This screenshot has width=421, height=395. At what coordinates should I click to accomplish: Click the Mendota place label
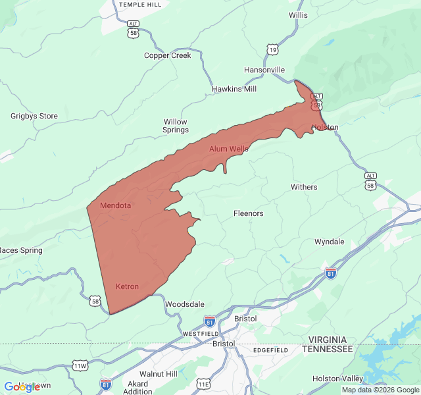tap(115, 205)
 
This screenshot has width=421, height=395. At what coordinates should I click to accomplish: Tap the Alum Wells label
tap(229, 149)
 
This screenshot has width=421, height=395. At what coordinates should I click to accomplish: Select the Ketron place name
tap(127, 286)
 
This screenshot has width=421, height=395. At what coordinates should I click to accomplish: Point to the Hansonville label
tap(264, 70)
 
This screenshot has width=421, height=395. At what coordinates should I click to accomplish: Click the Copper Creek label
tap(168, 55)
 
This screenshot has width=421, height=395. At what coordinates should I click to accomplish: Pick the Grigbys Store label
tap(34, 116)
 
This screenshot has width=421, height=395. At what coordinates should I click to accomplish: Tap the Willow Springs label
tap(176, 126)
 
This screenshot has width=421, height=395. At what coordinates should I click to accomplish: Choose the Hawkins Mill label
tap(234, 89)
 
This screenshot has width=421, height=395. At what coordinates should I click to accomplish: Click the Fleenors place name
tap(249, 213)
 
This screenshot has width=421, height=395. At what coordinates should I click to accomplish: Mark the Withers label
tap(304, 187)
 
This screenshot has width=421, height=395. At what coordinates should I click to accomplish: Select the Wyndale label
tap(329, 242)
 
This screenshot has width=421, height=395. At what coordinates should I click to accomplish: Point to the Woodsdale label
tap(184, 304)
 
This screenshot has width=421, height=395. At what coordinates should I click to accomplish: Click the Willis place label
tap(298, 14)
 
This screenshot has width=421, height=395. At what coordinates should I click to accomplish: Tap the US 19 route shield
tap(272, 49)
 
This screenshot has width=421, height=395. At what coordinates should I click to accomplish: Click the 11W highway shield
tap(80, 365)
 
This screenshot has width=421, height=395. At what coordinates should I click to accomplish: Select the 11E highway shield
tap(204, 384)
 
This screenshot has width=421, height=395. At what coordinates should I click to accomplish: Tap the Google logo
tap(22, 387)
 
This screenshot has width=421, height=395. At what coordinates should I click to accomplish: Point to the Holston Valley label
tap(337, 379)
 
